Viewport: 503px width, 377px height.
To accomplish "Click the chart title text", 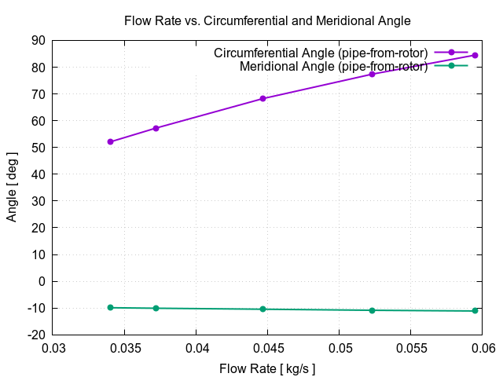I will point(267,21).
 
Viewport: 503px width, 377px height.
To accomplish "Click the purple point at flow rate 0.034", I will point(111,142).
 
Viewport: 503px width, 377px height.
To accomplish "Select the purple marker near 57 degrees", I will point(156,128).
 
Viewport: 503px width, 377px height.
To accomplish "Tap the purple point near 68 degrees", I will point(263,99).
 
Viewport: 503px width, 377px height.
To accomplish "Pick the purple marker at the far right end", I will point(475,55).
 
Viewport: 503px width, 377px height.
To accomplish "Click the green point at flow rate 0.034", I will point(111,307).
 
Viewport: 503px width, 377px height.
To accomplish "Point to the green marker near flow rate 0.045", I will point(263,309).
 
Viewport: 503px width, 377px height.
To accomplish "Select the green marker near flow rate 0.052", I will point(372,310).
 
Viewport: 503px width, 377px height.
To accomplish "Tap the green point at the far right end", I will point(475,311).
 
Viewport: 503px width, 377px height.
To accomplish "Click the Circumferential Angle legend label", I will point(321,53).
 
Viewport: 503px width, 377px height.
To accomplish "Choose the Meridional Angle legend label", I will point(333,66).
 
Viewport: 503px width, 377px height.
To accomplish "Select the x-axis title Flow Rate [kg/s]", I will point(267,368).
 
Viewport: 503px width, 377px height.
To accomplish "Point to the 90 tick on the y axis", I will point(38,41).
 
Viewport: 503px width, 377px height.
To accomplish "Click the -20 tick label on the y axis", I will point(35,335).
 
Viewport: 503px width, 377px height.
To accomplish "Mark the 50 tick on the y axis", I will point(38,148).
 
